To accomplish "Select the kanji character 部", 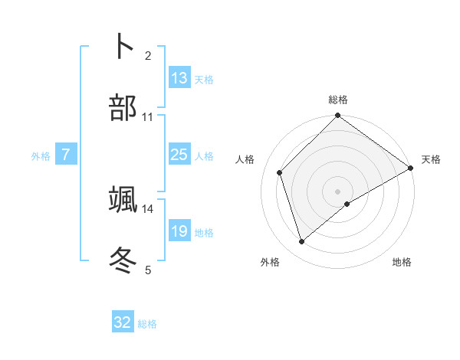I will pyautogui.click(x=123, y=107).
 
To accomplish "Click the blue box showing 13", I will pyautogui.click(x=179, y=78).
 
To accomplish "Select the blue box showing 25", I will pyautogui.click(x=179, y=155).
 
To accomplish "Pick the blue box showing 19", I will pyautogui.click(x=179, y=231).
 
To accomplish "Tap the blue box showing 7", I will pyautogui.click(x=66, y=155).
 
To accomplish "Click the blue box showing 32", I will pyautogui.click(x=123, y=322).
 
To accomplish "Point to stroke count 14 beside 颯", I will pyautogui.click(x=148, y=208).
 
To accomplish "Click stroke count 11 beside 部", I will pyautogui.click(x=148, y=117).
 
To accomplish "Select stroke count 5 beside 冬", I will pyautogui.click(x=148, y=270).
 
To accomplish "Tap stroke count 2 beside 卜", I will pyautogui.click(x=148, y=56).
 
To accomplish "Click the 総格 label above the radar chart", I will pyautogui.click(x=338, y=100).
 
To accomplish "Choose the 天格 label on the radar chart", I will pyautogui.click(x=431, y=159).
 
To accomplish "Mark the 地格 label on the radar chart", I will pyautogui.click(x=402, y=263).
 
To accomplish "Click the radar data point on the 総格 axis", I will pyautogui.click(x=338, y=116).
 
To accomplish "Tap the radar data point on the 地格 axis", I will pyautogui.click(x=347, y=204).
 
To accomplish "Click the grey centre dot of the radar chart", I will pyautogui.click(x=338, y=191).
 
